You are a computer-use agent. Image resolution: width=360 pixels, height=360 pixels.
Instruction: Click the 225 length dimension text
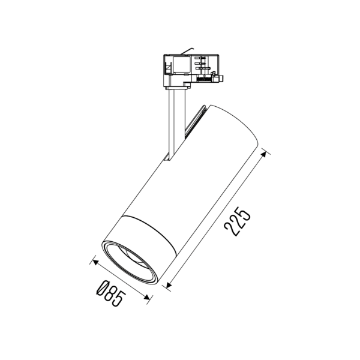tap(236, 221)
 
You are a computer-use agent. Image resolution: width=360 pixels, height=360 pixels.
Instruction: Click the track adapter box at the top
tap(191, 67)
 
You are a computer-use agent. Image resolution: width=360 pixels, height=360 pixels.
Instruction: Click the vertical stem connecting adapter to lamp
tap(174, 120)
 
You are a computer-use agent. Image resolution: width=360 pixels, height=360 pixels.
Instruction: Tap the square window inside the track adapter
tap(181, 65)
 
